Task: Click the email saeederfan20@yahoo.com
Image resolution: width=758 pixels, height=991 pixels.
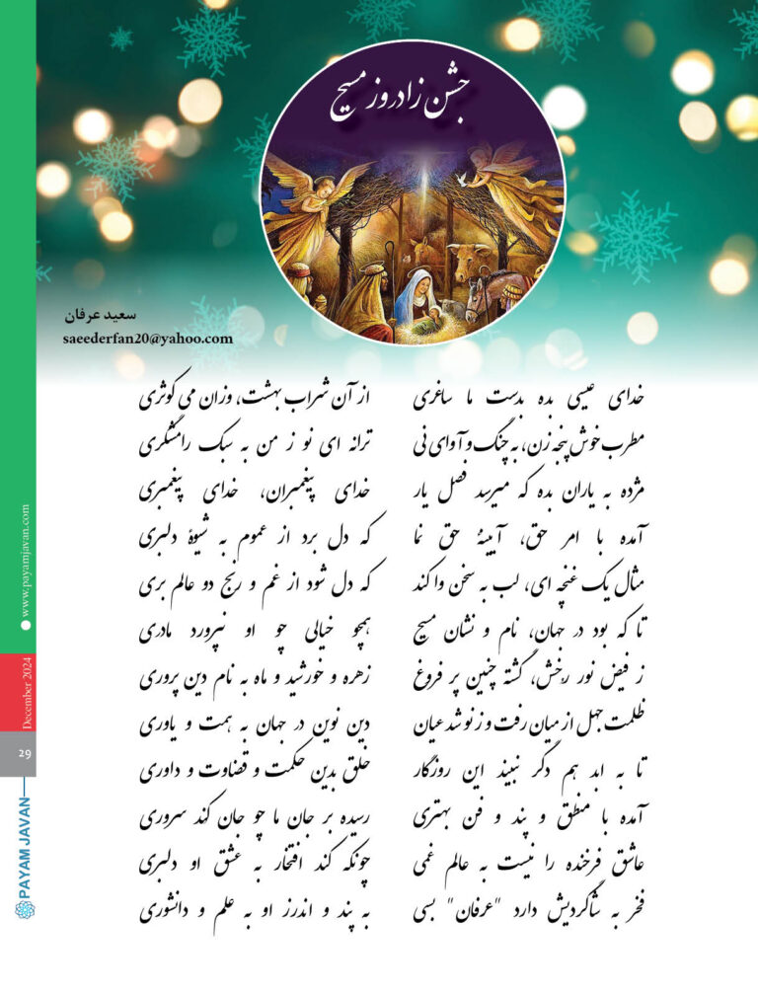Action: [146, 338]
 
